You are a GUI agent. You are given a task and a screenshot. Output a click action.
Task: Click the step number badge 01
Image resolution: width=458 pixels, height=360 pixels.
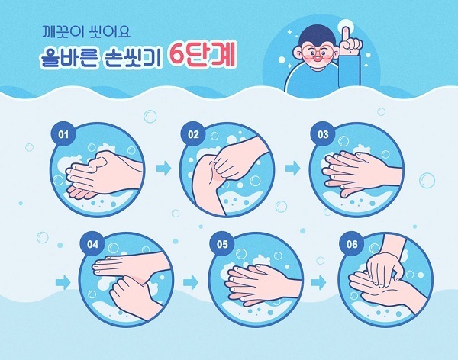point(63,134)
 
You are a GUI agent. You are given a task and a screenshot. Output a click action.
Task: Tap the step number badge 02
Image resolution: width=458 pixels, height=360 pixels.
point(193,134)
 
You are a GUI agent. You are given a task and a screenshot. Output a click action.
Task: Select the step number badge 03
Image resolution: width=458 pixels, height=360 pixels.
point(323,134)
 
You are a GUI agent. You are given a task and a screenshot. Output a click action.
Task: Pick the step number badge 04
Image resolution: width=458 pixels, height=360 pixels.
point(92,244)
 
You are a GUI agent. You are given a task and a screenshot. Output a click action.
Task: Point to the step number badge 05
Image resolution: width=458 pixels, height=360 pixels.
point(222,244)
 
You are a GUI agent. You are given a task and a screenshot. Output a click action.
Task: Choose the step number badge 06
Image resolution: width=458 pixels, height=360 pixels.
point(352,244)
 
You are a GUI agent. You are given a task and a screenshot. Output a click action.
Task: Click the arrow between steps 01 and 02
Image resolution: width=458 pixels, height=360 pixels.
point(163,168)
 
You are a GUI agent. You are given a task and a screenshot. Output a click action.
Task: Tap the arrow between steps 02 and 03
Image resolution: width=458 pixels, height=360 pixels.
point(292,168)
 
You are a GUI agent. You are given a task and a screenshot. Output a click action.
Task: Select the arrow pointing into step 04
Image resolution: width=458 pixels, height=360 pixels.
point(63,283)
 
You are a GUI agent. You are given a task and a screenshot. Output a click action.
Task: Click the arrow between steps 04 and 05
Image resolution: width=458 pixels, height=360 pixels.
point(191,283)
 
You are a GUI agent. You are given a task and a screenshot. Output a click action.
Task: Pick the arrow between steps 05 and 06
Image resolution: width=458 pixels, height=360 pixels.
point(318,283)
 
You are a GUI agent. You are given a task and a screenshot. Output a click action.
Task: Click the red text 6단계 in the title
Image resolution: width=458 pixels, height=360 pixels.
point(202,55)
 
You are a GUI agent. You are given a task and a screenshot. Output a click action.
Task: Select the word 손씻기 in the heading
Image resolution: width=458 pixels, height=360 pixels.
point(133,57)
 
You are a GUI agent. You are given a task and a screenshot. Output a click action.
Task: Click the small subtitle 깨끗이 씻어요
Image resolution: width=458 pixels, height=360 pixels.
point(86,32)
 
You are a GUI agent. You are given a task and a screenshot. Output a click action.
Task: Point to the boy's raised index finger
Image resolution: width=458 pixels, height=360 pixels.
point(346,34)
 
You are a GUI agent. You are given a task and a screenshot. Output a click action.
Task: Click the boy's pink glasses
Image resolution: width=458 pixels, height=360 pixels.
point(317,53)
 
